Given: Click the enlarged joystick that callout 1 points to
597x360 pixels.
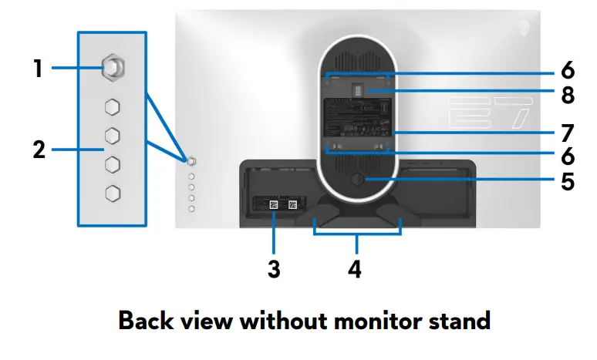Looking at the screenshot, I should tap(112, 69).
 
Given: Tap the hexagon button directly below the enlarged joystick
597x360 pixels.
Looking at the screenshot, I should tap(112, 106).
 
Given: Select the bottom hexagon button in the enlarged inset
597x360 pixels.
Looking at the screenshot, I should tap(112, 193).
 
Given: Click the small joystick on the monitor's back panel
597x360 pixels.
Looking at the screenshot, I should tap(192, 160).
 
